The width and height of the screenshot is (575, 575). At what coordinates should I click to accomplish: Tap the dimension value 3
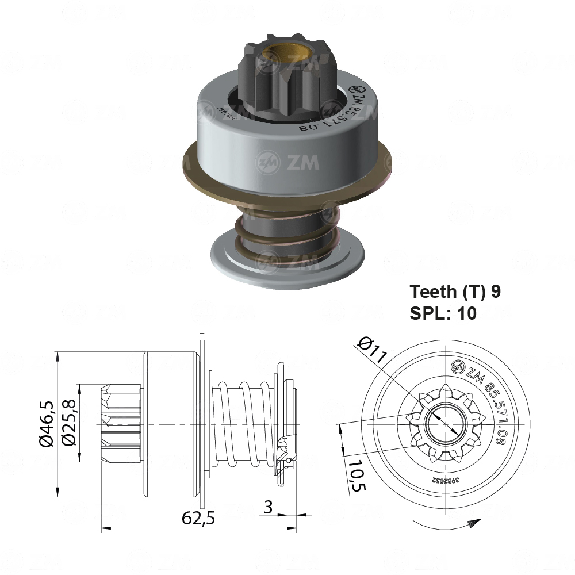267,507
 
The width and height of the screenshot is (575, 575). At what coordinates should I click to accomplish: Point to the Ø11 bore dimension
370,350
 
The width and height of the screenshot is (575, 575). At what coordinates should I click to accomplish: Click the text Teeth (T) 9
454,292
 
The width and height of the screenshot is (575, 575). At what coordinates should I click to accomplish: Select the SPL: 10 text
443,314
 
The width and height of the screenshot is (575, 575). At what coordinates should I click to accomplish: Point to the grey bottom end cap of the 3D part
287,264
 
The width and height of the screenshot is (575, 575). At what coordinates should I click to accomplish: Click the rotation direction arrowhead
474,522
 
